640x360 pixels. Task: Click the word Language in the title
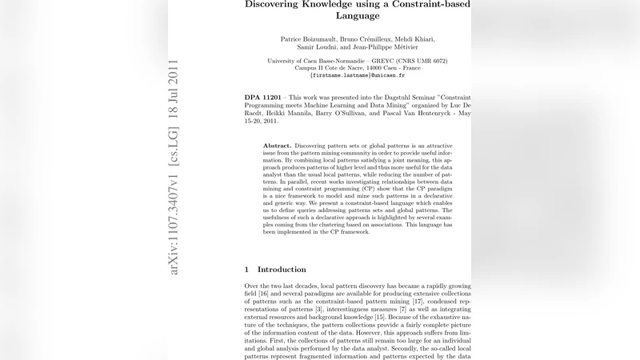pyautogui.click(x=358, y=15)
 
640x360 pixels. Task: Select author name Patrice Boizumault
pyautogui.click(x=309, y=39)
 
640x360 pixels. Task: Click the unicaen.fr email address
pyautogui.click(x=358, y=76)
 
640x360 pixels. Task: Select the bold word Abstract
pyautogui.click(x=277, y=146)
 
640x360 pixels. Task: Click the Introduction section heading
pyautogui.click(x=282, y=270)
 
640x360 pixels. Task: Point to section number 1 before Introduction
pyautogui.click(x=247, y=270)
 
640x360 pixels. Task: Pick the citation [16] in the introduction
pyautogui.click(x=264, y=292)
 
